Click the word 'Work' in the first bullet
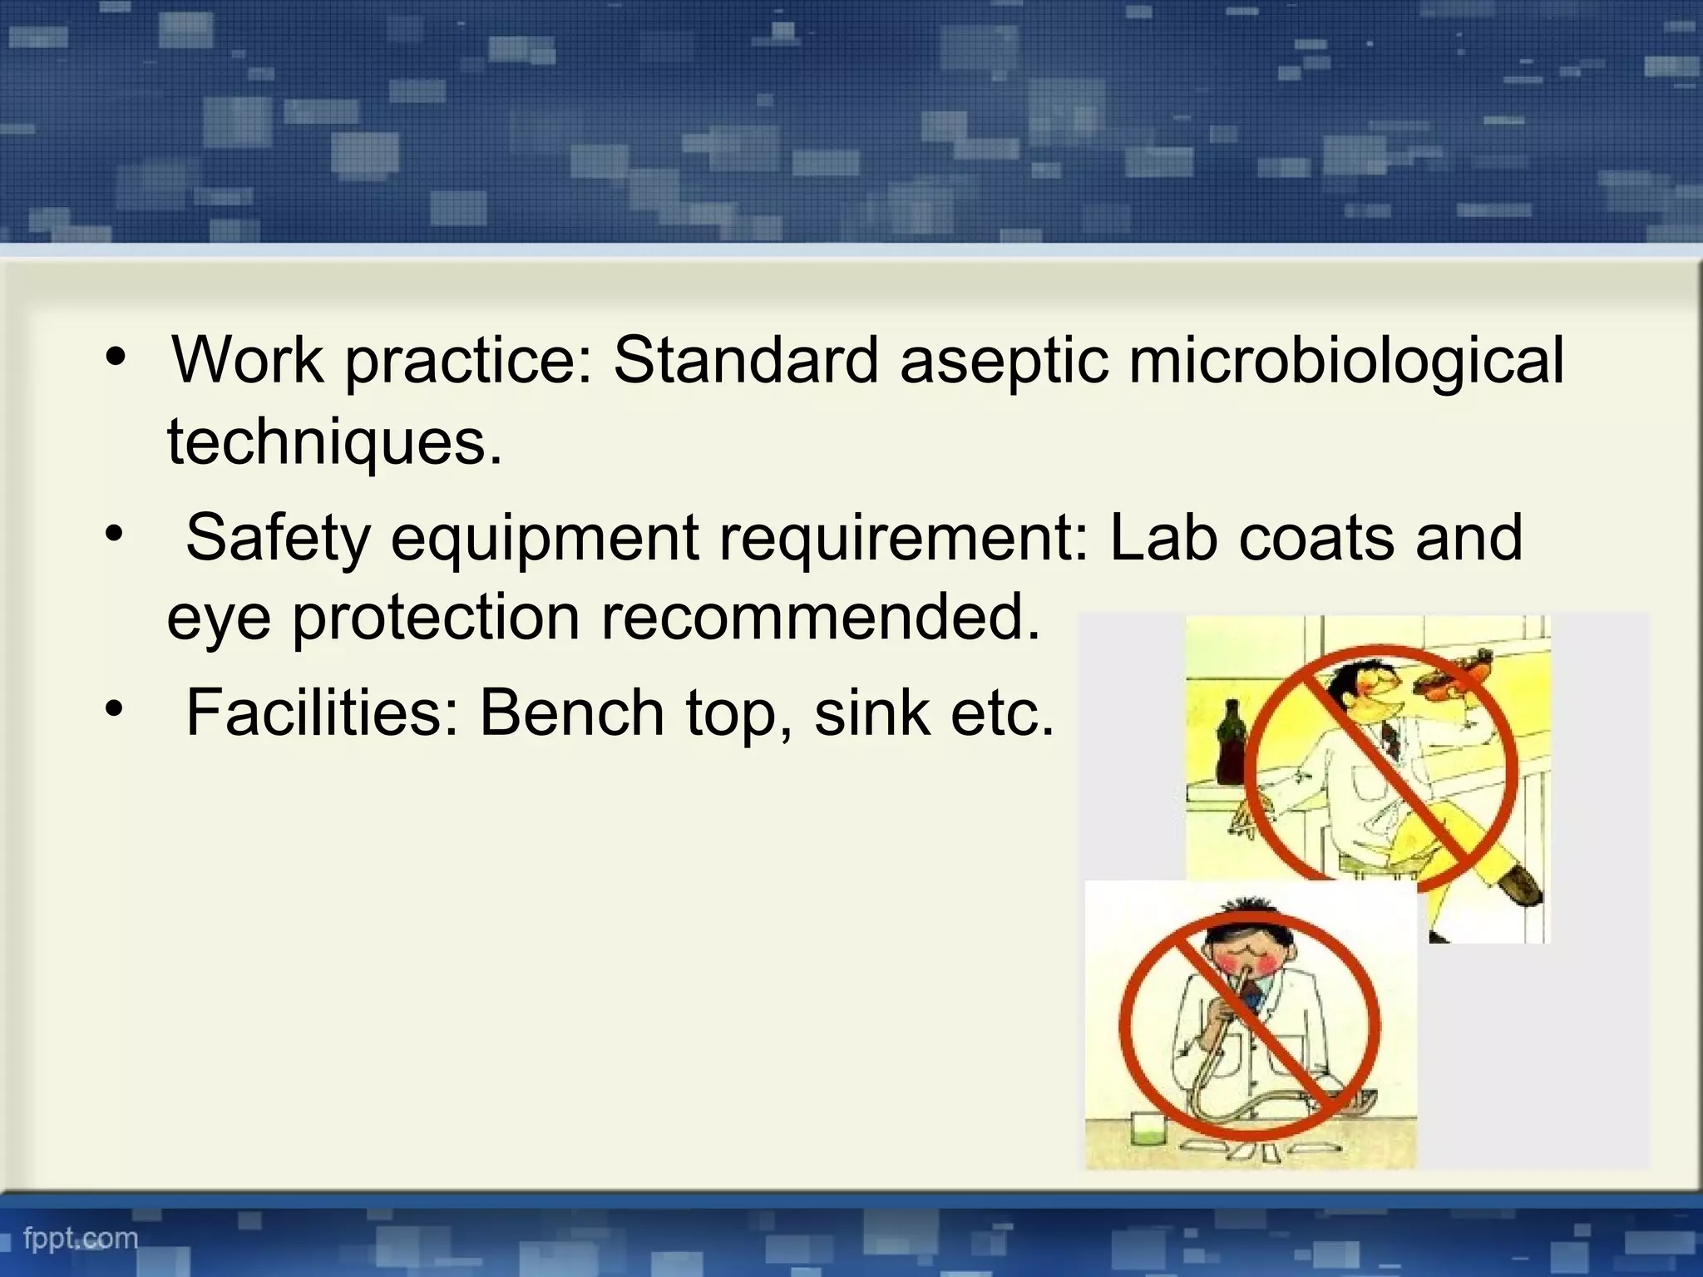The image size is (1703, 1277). pyautogui.click(x=248, y=361)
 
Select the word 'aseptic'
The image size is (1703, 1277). pyautogui.click(x=1004, y=362)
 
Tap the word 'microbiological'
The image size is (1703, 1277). pyautogui.click(x=1346, y=362)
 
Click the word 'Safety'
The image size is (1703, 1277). pyautogui.click(x=278, y=539)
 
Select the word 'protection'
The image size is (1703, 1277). pyautogui.click(x=436, y=619)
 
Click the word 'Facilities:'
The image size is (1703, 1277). pyautogui.click(x=323, y=712)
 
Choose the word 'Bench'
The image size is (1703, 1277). pyautogui.click(x=572, y=712)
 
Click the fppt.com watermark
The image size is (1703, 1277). pyautogui.click(x=81, y=1238)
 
